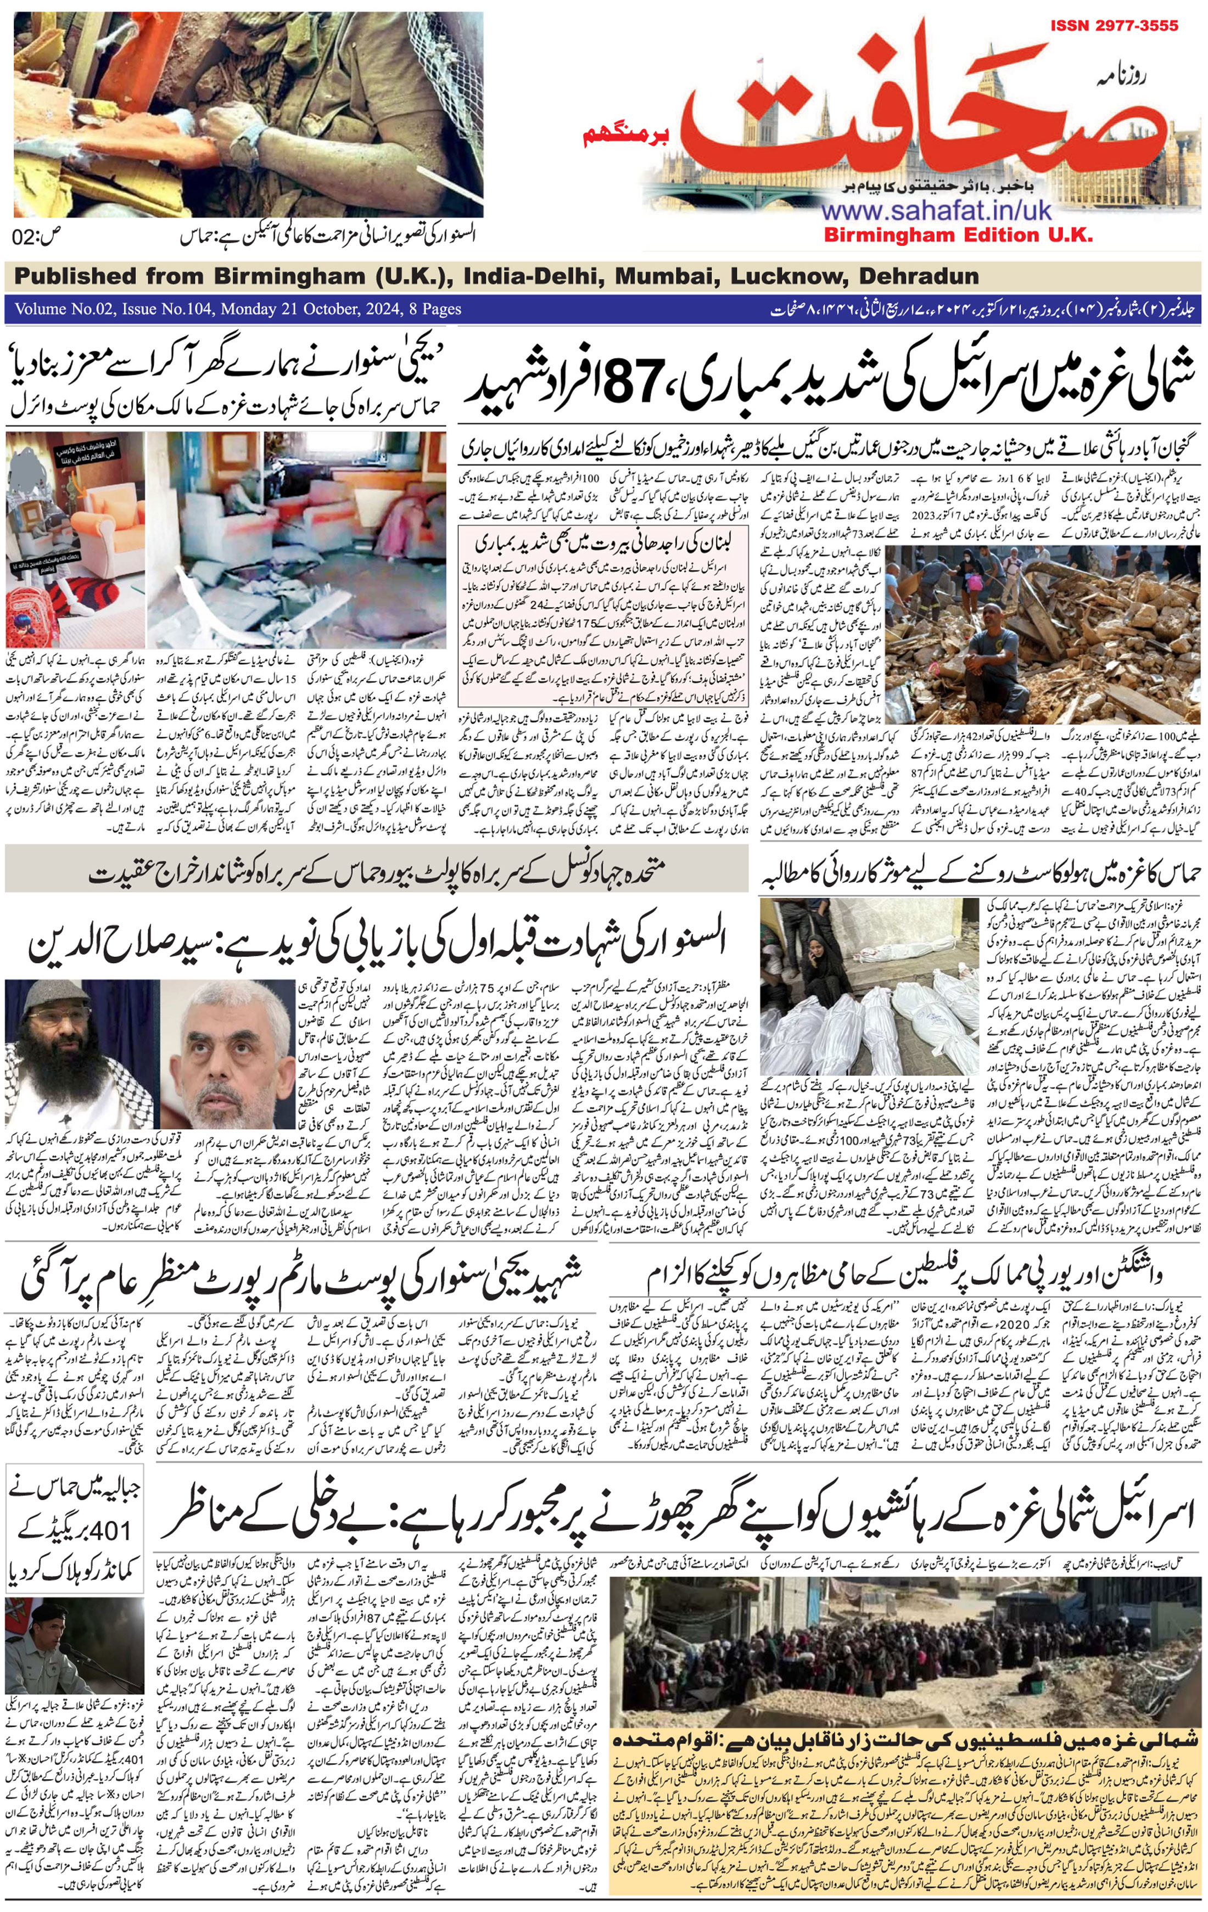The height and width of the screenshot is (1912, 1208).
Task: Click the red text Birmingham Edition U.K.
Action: pos(957,235)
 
